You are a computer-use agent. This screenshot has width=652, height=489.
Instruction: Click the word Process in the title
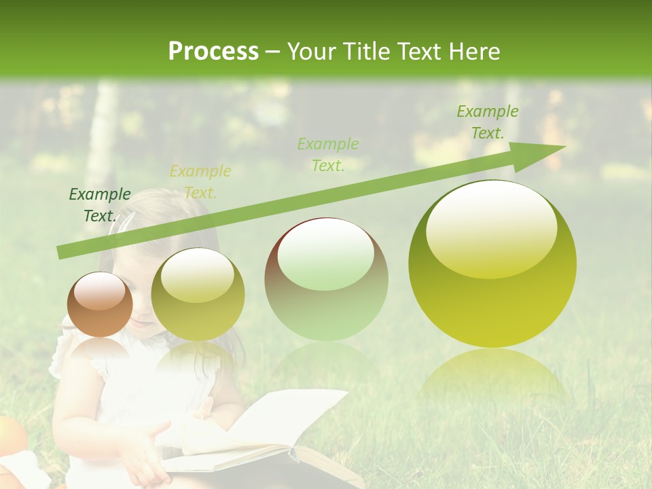coord(213,51)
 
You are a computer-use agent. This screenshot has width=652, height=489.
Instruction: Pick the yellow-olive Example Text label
coord(200,182)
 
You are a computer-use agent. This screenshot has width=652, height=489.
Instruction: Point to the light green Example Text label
coord(328,155)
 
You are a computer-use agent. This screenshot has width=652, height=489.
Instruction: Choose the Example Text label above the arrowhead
coord(487,122)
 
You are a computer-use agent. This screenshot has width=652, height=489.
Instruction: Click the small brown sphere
coord(100,305)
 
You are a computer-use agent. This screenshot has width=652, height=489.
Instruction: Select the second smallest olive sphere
coord(198,295)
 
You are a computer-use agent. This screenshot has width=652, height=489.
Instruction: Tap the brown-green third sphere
coord(326,279)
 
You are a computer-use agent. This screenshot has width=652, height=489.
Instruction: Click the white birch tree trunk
coord(103,136)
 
